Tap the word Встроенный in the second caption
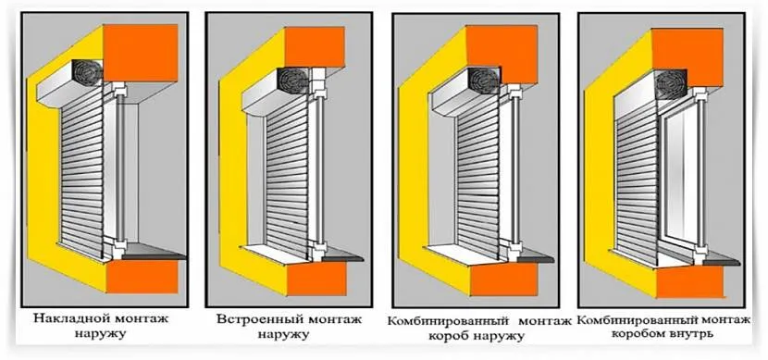pos(254,319)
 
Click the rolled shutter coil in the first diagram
pos(87,73)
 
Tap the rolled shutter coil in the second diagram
pos(291,80)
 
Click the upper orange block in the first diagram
pos(141,53)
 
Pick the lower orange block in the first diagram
pos(142,277)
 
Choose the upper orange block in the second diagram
pos(315,46)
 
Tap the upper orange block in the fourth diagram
pos(687,57)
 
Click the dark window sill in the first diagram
pos(154,253)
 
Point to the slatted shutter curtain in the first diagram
pos(82,170)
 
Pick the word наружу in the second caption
pos(283,336)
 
